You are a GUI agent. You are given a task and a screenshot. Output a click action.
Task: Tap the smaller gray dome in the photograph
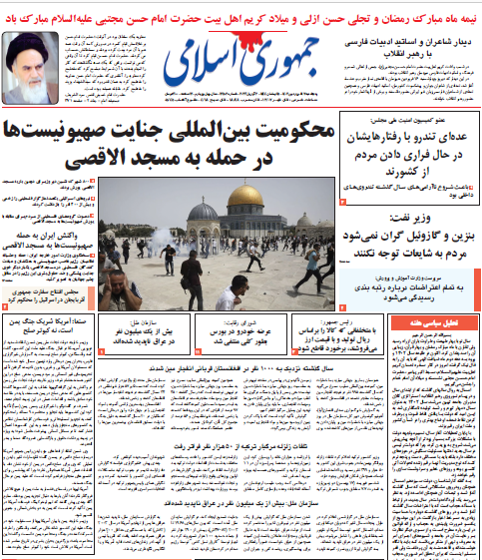point(203,213)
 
